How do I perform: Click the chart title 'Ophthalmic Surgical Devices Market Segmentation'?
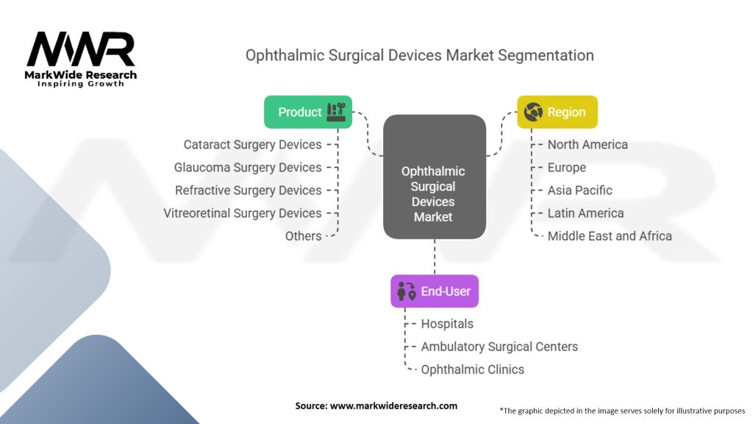click(419, 55)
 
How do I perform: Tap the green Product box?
click(308, 112)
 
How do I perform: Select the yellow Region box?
click(557, 112)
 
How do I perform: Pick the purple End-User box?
click(435, 291)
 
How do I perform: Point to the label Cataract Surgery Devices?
click(252, 144)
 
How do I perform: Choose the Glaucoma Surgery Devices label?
click(248, 167)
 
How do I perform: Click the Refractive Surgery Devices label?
click(249, 190)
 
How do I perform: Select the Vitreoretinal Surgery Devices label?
click(243, 213)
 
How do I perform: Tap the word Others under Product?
click(303, 236)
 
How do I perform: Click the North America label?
click(588, 144)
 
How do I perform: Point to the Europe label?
click(566, 167)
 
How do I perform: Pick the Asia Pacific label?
click(579, 190)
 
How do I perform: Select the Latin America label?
click(585, 213)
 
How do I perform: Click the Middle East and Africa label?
click(610, 236)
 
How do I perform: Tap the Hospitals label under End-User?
click(447, 323)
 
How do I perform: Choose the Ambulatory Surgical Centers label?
click(499, 346)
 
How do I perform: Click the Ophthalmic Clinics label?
click(472, 369)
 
